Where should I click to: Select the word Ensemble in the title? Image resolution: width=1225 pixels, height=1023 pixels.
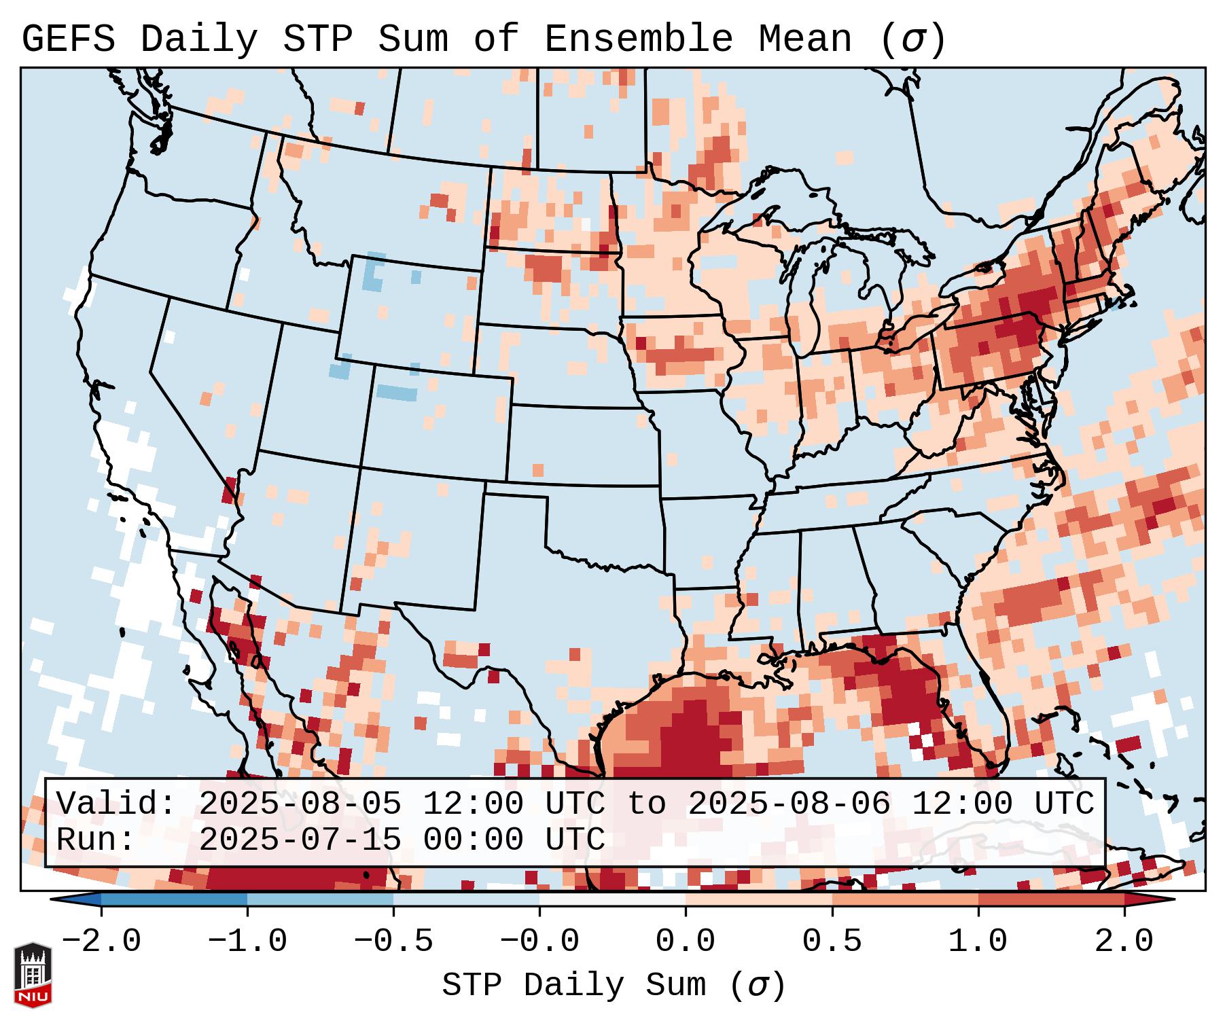639,39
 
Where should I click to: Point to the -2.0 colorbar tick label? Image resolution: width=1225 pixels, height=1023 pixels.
101,941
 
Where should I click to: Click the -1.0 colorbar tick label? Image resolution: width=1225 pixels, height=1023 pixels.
247,941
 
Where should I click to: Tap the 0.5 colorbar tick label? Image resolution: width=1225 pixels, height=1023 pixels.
832,941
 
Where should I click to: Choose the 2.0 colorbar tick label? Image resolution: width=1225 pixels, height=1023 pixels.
1124,941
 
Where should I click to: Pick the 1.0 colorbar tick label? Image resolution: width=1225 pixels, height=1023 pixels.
978,941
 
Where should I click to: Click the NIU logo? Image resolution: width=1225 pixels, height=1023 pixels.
33,975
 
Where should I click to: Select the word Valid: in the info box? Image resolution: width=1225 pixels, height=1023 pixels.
116,804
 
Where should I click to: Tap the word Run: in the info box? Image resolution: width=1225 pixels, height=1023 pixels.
96,840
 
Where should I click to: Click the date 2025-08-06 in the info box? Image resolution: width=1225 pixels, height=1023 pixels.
789,804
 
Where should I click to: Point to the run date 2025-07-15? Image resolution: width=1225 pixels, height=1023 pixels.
300,840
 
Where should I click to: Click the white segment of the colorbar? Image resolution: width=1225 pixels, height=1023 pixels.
612,900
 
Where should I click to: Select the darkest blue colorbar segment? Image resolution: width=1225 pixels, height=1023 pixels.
174,900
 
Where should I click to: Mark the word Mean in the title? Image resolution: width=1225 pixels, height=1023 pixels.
804,39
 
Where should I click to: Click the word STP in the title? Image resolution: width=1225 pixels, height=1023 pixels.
317,39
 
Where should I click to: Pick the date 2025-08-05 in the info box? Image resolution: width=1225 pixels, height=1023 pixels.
300,804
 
